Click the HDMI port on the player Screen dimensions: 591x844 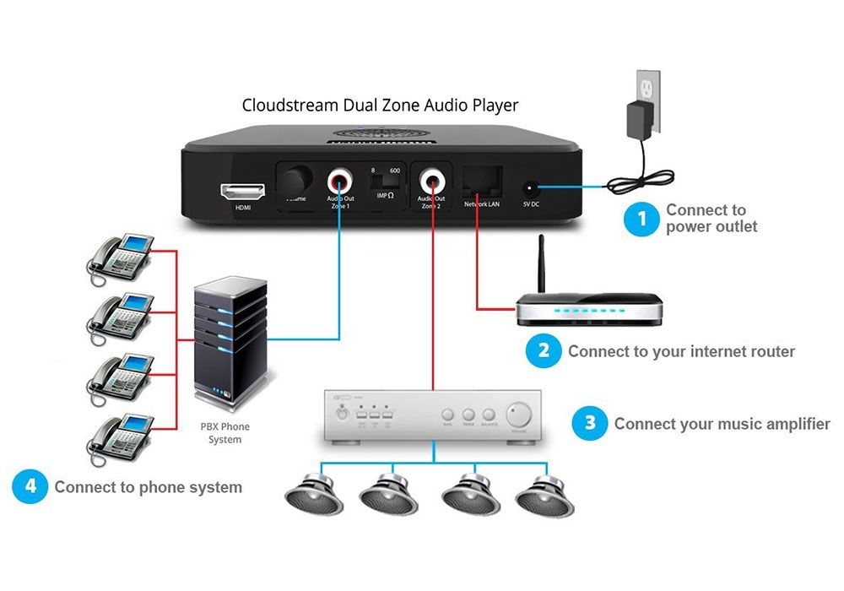click(x=237, y=190)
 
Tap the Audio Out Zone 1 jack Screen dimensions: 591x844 click(x=341, y=180)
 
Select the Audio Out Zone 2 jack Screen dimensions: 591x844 click(x=434, y=180)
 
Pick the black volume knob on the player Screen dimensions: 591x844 click(x=296, y=181)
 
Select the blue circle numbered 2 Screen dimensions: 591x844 click(x=544, y=351)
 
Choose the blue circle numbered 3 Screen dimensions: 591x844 click(x=589, y=424)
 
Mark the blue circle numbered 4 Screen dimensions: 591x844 click(x=30, y=486)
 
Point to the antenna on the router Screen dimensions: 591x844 click(x=542, y=265)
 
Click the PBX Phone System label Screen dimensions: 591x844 click(x=225, y=433)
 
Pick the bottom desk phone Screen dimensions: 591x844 click(x=120, y=436)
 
